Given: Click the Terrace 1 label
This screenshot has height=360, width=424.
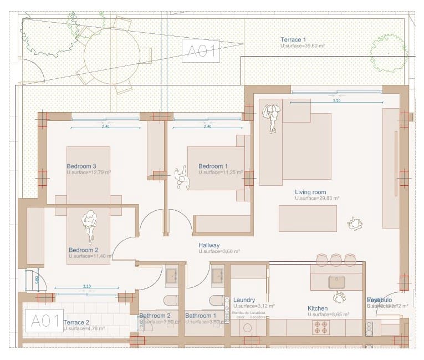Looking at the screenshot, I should point(293,39).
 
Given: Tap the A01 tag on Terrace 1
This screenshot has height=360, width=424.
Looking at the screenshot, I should point(201,50).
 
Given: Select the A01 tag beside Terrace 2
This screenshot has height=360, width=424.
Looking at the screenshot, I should point(43,321).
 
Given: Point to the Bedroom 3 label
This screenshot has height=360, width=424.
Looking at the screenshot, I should point(81,166).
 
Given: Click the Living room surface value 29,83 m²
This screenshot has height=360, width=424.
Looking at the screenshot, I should point(317,198).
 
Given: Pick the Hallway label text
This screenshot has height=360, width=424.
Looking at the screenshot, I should point(209,245).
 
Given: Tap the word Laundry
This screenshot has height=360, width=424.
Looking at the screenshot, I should point(244,300).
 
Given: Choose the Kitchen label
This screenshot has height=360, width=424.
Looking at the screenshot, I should point(318,308).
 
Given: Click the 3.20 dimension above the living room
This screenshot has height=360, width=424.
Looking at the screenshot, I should point(336,101).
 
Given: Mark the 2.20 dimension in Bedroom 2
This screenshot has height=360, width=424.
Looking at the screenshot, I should point(86,287).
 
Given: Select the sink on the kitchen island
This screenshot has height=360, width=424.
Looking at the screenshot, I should point(336,282).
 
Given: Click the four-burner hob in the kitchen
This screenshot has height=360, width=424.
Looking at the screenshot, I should point(321,327).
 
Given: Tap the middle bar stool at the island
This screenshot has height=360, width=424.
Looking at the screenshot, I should point(336,260).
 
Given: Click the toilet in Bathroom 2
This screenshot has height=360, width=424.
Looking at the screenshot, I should point(170,301).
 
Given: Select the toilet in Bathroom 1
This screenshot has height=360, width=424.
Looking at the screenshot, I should point(216,301).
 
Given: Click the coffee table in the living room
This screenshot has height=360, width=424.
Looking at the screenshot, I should point(308,218).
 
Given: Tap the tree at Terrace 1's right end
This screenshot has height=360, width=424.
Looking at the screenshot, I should point(388,53).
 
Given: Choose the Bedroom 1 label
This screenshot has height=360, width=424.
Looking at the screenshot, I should point(213,166).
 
